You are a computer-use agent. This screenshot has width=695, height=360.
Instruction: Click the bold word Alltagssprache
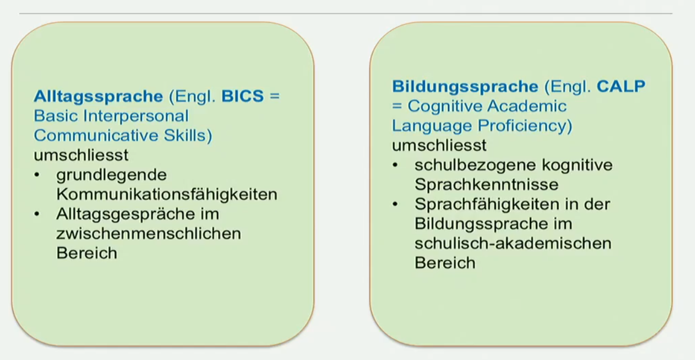98,97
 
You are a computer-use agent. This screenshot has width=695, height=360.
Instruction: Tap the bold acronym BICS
242,96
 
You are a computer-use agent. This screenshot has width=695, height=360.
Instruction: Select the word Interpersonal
136,117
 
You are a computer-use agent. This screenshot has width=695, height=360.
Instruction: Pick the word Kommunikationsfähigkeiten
167,194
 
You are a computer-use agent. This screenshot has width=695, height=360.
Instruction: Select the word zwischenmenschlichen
148,234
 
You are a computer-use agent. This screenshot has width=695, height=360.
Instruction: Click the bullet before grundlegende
37,175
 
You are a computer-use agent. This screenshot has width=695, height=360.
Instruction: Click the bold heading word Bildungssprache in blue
465,87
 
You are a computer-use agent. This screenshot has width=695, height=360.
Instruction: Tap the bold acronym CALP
621,86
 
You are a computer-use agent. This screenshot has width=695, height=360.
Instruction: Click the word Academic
527,106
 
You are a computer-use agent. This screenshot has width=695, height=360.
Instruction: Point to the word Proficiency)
524,126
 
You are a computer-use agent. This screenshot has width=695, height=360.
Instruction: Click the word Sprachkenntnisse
486,184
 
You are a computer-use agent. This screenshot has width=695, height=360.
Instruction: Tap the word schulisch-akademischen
513,243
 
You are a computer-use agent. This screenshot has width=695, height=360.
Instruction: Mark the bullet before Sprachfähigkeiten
395,204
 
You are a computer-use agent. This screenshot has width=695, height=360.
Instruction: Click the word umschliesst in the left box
81,155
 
